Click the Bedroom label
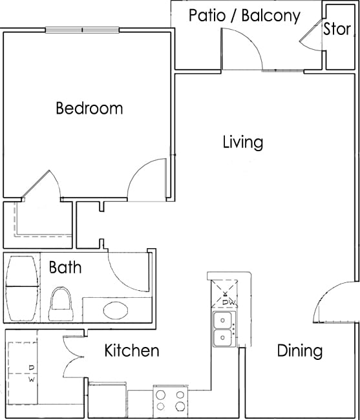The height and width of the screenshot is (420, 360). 89,108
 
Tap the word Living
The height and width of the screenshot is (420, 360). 243,142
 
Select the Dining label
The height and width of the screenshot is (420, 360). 300,351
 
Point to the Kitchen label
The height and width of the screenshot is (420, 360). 132,350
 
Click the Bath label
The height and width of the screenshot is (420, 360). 65,267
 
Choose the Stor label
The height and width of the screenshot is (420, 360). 337,28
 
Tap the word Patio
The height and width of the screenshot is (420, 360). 207,16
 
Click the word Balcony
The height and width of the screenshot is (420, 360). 271,16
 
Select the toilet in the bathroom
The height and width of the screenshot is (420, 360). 61,304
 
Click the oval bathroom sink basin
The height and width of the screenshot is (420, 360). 116,310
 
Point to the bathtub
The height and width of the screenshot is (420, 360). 22,288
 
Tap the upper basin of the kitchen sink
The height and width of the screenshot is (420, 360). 222,320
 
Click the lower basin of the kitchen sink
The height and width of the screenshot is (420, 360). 222,338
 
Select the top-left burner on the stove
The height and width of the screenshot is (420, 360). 160,395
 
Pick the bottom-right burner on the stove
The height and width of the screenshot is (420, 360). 180,406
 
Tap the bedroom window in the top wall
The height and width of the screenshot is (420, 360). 82,30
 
